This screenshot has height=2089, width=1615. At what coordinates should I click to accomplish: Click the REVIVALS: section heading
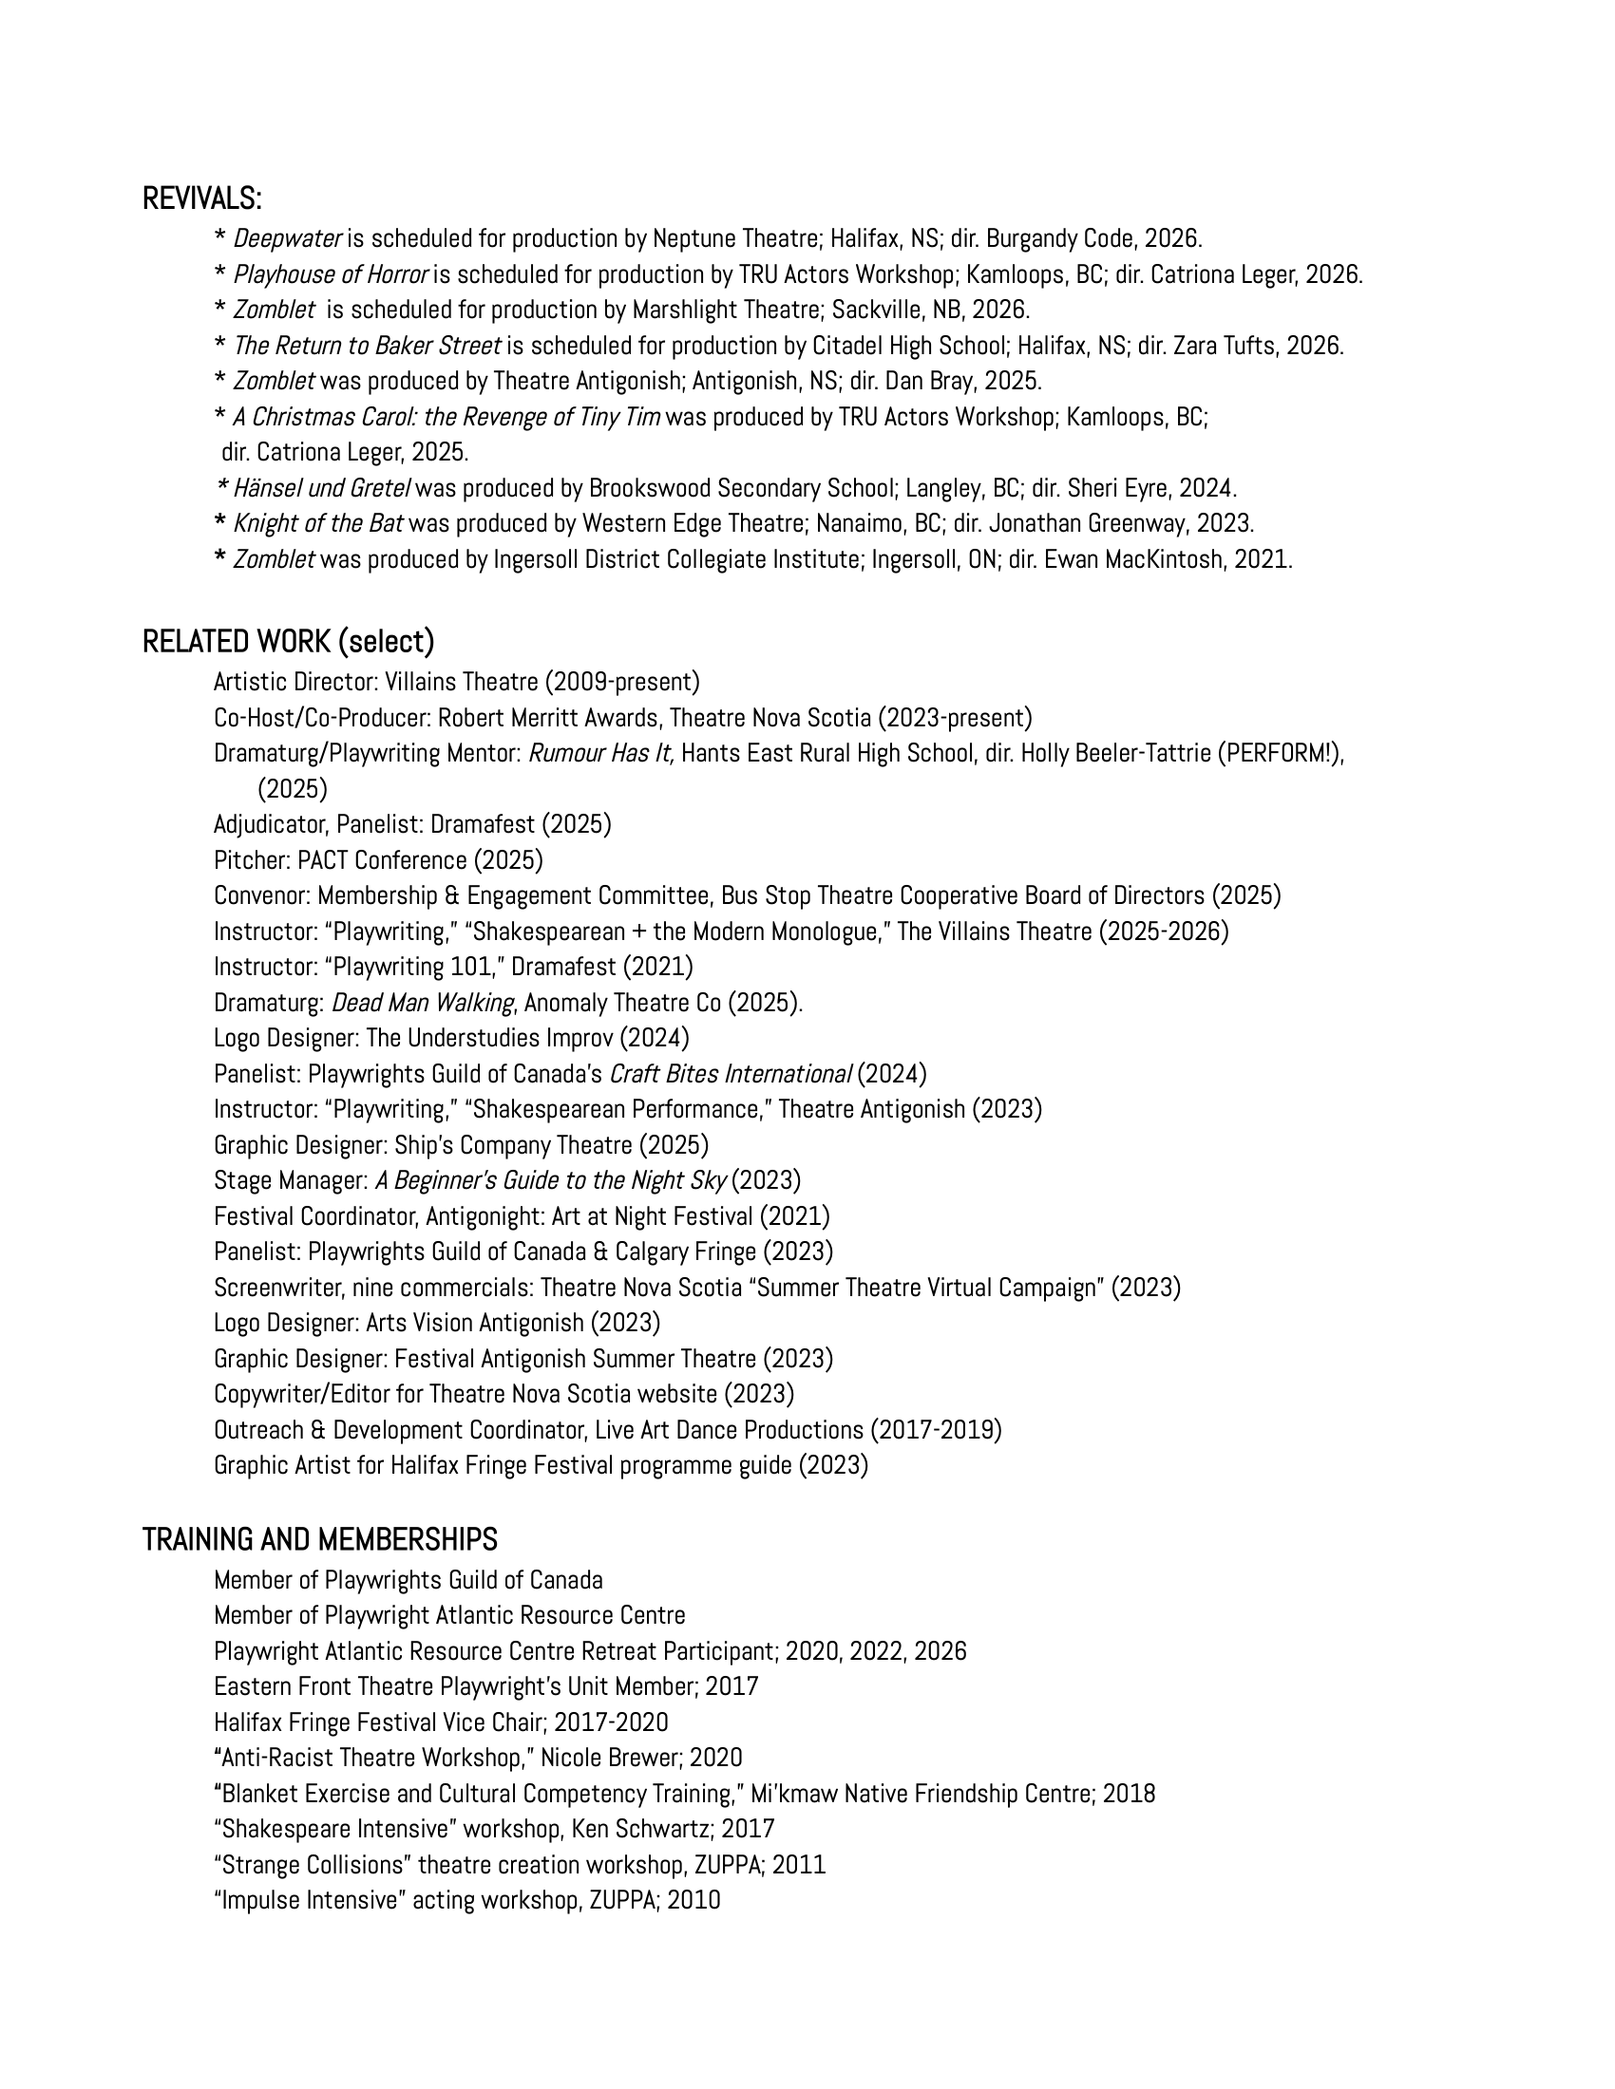click(201, 199)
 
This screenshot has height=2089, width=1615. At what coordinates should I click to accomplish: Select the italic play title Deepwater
click(287, 238)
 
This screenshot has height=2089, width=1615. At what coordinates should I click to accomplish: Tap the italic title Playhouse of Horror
click(331, 274)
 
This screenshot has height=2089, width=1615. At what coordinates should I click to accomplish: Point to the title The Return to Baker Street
click(367, 346)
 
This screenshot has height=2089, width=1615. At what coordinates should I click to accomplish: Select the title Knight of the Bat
click(317, 524)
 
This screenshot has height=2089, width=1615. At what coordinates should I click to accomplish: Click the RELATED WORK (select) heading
click(288, 642)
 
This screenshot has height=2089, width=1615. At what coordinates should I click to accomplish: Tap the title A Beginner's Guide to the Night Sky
click(550, 1181)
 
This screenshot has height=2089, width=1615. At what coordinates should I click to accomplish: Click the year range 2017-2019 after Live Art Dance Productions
click(936, 1431)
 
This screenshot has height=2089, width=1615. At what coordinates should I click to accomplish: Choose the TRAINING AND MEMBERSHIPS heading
click(319, 1540)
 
